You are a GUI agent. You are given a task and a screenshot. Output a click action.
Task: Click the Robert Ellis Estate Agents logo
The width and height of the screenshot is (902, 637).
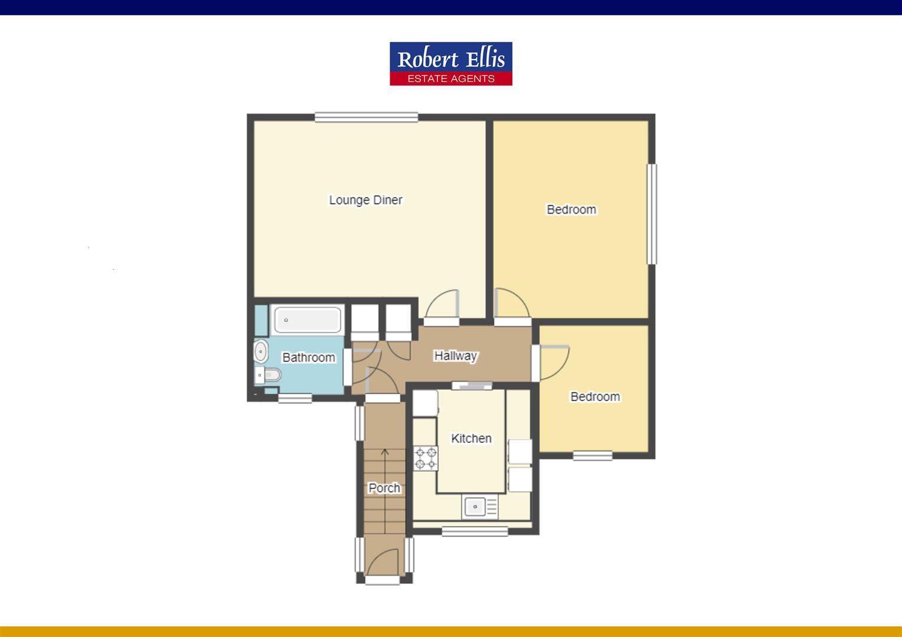point(450,64)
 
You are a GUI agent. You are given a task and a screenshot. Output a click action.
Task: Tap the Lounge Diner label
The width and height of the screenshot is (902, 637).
point(365,200)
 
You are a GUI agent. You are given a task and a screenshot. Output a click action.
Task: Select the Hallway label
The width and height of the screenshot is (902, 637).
point(455,356)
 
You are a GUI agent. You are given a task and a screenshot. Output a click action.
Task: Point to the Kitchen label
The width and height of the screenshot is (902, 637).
point(471,438)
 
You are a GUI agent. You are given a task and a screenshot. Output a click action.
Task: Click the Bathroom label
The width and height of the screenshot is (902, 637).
point(308,357)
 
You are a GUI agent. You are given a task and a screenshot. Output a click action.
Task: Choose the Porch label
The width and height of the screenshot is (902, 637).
point(384,488)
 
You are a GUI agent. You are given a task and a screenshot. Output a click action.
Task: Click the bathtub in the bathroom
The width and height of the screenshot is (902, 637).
point(307,320)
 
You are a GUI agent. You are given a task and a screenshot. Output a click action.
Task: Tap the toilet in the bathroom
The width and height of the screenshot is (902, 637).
point(270,374)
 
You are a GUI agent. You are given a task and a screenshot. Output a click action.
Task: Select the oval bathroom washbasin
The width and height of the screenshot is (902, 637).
point(260,352)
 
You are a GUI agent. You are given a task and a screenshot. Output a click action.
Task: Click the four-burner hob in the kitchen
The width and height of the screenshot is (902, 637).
point(425,458)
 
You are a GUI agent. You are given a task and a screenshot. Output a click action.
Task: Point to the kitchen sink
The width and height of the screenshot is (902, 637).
point(475,506)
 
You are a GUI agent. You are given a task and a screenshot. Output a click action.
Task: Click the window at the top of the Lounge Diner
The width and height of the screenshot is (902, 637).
point(366,117)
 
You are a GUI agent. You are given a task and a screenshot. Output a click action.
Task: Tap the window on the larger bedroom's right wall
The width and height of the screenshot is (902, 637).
point(652,214)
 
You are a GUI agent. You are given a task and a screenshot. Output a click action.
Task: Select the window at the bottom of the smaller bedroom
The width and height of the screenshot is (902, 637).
point(592,455)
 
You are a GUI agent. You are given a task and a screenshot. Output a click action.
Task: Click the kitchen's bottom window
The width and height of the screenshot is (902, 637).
point(475,531)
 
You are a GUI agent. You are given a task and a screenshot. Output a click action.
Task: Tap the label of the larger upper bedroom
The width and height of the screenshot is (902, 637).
point(571,209)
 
